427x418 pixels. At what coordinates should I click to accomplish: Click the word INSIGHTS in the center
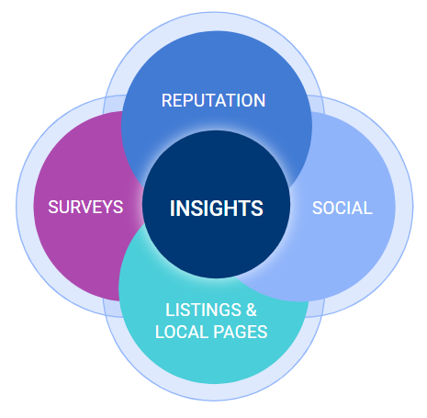click(217, 209)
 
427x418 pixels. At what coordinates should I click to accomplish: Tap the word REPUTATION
click(213, 100)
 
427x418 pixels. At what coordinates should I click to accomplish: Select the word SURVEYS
click(85, 207)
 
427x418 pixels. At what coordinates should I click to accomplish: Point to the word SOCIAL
click(343, 209)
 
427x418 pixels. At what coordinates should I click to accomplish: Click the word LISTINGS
click(203, 310)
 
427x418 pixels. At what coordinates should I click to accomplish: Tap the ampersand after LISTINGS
click(252, 310)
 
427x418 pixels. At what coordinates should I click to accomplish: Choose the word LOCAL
click(182, 332)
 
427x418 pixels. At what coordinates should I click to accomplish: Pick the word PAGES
click(241, 332)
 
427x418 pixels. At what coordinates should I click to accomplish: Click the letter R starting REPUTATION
click(167, 100)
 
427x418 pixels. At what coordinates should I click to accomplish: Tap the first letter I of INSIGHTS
click(173, 209)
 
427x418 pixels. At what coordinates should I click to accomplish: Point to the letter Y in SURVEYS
click(108, 207)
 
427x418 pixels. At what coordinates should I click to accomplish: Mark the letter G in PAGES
click(241, 332)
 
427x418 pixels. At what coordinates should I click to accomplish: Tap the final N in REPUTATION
click(259, 100)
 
